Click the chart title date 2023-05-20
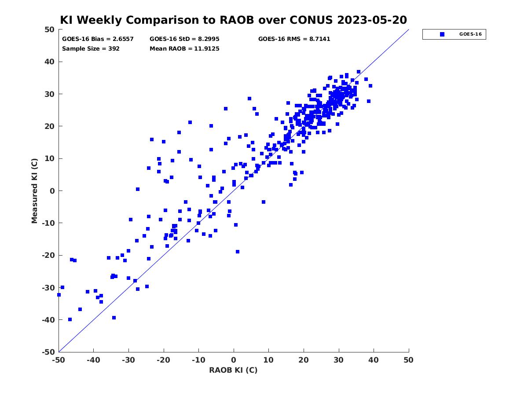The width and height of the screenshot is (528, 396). coord(372,20)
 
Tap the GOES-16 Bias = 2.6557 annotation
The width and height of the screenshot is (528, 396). coord(98,39)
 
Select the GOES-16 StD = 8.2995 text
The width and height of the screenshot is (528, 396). coord(184,39)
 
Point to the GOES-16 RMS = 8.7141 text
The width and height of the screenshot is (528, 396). coord(294,39)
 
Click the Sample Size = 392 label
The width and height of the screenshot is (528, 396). coord(91,48)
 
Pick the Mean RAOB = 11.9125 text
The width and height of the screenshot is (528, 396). coord(184,48)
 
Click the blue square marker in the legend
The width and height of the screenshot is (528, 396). coord(442,34)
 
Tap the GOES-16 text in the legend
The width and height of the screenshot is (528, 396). coord(470,34)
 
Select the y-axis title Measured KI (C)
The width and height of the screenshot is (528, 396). coord(34,191)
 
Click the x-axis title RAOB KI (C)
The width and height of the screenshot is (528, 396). coord(233,370)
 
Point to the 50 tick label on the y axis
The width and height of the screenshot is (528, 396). coord(50,29)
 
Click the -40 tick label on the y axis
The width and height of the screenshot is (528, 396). coord(48,320)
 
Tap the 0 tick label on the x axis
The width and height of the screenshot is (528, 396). coord(234,360)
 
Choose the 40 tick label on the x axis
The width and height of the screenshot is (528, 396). coord(374,360)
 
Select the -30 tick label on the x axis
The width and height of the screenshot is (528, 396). coord(128,360)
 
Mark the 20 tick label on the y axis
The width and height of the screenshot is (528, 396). coord(50,126)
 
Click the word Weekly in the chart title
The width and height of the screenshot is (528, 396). coord(100,20)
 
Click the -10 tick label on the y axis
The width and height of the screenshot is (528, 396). coord(48,223)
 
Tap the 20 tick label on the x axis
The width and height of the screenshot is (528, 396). coord(304,360)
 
